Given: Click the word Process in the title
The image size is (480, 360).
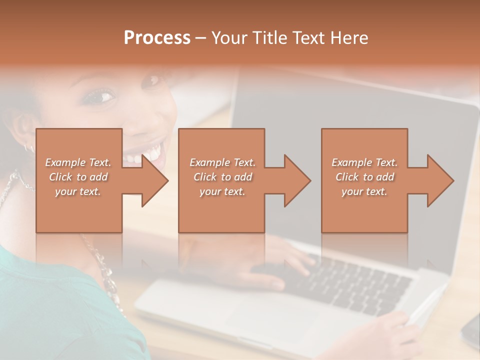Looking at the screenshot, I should pos(157,38).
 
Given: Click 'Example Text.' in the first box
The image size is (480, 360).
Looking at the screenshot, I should pos(78,162).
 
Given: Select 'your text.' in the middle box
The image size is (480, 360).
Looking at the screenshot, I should pos(222,191).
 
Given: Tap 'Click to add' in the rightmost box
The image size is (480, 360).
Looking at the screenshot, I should pos(364,177).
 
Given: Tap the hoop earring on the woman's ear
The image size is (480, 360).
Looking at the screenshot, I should pos(29,147).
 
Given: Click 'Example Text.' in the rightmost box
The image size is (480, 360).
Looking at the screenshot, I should pos(364,162).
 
